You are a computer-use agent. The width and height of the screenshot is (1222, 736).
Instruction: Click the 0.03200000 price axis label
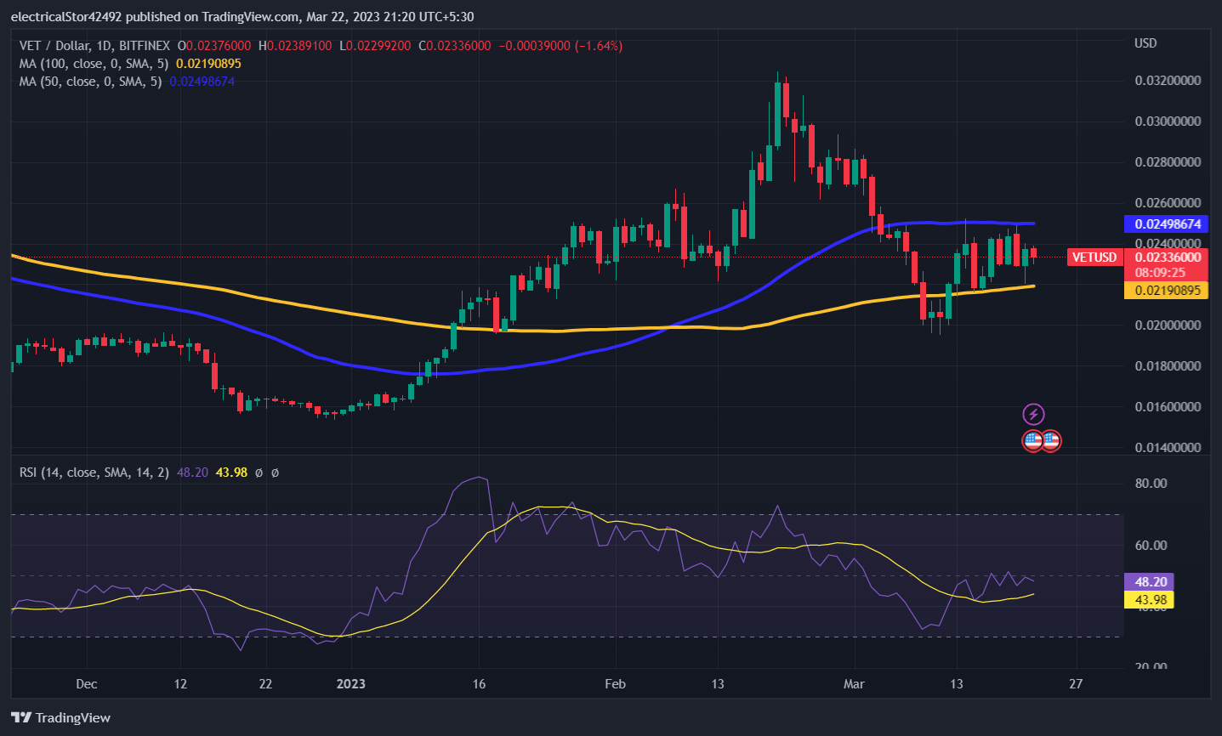[x=1168, y=81]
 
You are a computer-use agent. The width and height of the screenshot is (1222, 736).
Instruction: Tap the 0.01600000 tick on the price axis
[x=1168, y=407]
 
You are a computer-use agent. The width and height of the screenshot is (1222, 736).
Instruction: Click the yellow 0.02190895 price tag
[x=1167, y=291]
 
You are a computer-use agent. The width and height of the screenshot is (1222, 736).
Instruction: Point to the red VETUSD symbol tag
[x=1094, y=258]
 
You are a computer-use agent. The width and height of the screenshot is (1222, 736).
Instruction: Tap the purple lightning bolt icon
[x=1033, y=415]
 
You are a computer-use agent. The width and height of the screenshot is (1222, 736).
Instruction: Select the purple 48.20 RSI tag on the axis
[x=1150, y=582]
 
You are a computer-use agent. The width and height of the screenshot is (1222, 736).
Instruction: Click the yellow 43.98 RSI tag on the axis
[x=1150, y=600]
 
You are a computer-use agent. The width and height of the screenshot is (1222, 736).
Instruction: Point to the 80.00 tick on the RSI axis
[x=1151, y=484]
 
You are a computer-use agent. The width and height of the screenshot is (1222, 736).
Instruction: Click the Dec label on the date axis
[x=87, y=684]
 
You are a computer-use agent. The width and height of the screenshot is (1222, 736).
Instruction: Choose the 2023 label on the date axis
[x=350, y=684]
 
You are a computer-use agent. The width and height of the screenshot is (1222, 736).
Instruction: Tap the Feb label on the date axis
[x=615, y=684]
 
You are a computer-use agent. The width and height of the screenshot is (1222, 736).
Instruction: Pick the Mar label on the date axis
[x=854, y=684]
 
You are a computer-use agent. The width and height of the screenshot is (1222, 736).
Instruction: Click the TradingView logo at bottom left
[x=60, y=718]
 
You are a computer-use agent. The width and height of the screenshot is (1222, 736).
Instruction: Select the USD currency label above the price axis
[x=1145, y=43]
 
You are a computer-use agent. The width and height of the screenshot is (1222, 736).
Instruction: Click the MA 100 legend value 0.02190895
[x=208, y=64]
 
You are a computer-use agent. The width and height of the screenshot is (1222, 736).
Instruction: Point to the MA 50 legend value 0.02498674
[x=202, y=82]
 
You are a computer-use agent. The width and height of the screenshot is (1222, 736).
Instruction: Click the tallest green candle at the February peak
[x=777, y=115]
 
